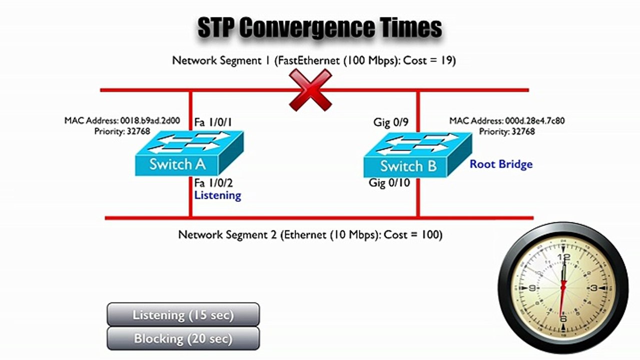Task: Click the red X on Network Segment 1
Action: click(310, 90)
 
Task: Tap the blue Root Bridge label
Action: click(501, 164)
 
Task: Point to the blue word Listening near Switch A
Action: click(218, 195)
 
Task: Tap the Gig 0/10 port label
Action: click(389, 183)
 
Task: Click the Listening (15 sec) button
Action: click(183, 315)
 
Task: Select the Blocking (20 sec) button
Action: click(183, 338)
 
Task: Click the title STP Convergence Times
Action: click(320, 28)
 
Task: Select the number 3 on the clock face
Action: click(594, 288)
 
